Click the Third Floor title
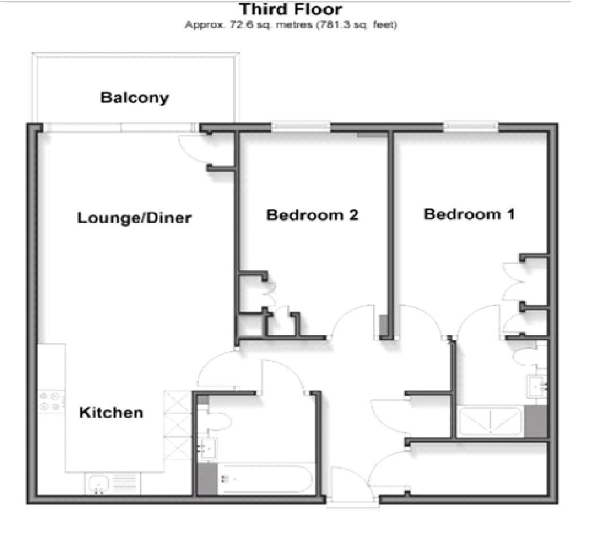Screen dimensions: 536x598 click(x=290, y=10)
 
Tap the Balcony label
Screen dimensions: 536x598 click(x=134, y=97)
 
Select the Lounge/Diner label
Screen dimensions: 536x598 click(x=134, y=218)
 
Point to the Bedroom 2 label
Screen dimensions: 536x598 click(x=312, y=215)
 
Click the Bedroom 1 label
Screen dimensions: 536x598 click(x=469, y=215)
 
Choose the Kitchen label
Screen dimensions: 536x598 click(x=111, y=412)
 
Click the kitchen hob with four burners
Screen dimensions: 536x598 click(x=50, y=401)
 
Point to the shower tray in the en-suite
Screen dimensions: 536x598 click(x=490, y=421)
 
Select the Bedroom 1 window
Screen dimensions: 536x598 click(x=471, y=127)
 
